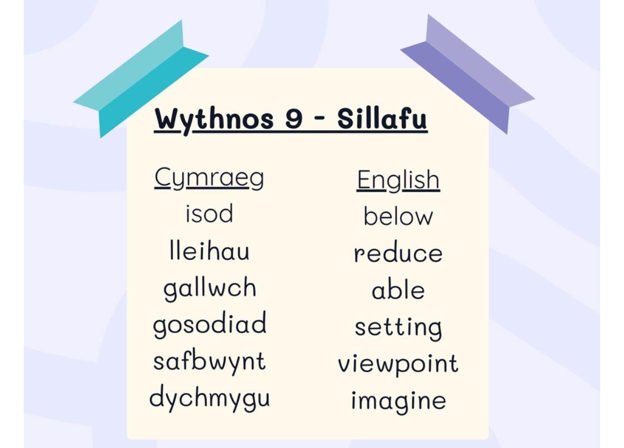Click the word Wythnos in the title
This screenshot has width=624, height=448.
pos(214,119)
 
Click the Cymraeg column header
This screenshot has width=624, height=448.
pos(210,177)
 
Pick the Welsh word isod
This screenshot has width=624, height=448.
pos(210,213)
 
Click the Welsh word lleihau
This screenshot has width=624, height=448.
pos(210,250)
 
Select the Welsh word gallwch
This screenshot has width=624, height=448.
pos(210,288)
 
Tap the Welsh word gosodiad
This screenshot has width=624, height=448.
pos(210,324)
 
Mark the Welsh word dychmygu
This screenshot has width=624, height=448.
pos(210,398)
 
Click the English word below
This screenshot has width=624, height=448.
pos(398,216)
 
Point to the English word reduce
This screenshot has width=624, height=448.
pos(398,253)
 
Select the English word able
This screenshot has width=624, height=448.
pos(398,290)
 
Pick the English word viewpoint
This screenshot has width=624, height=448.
pos(398,364)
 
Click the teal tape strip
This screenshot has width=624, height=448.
pos(141,78)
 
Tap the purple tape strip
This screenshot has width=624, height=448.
pos(467,75)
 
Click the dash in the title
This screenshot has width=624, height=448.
pos(320,119)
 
